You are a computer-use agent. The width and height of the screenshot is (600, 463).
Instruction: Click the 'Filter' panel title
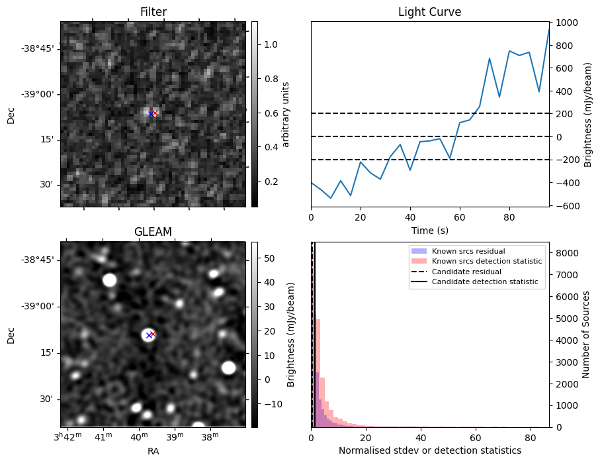point(153,12)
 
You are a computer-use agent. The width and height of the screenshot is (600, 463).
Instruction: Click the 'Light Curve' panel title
point(429,12)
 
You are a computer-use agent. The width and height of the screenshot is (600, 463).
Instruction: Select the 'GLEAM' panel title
point(153,232)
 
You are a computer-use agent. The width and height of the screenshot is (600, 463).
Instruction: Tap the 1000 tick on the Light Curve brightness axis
point(568,23)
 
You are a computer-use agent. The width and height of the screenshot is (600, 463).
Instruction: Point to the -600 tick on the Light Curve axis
point(568,206)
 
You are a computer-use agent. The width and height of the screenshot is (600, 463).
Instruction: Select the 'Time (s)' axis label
point(429,230)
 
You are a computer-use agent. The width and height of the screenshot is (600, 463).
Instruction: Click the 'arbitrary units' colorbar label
point(286,114)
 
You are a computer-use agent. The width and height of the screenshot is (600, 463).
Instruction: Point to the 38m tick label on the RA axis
point(210,437)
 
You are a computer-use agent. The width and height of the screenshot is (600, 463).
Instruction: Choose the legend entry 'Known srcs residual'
point(468,252)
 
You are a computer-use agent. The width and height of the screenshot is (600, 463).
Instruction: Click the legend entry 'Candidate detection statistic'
point(485,282)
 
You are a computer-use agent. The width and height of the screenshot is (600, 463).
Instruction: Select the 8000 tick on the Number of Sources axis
point(570,253)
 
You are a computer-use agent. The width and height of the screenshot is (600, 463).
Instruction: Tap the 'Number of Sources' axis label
point(586,334)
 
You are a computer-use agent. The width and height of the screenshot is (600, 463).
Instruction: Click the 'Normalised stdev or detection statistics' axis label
point(429,450)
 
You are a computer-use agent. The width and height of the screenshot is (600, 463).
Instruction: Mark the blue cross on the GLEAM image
point(149,335)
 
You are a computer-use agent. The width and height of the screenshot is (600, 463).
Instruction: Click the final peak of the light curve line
point(548,30)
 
